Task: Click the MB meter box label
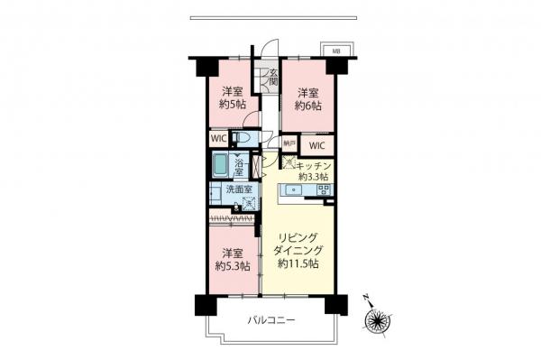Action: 336,51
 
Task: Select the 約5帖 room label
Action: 232,97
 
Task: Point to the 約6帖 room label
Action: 308,97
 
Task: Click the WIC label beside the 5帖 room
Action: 218,139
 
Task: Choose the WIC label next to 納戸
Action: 316,145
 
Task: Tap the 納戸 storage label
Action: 289,143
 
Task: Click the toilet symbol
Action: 241,138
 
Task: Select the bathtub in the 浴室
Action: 221,166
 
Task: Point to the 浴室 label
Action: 241,166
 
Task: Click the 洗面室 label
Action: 225,190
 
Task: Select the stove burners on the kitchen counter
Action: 323,189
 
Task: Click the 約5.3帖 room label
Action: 232,266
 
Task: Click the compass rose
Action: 375,319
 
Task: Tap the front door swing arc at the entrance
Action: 270,52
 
